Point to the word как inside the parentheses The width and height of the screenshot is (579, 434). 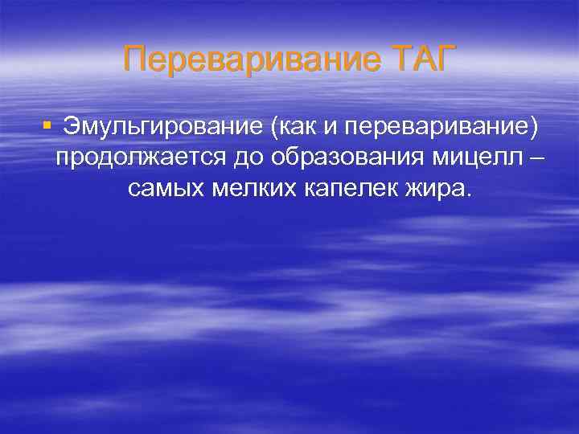(x=301, y=126)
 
